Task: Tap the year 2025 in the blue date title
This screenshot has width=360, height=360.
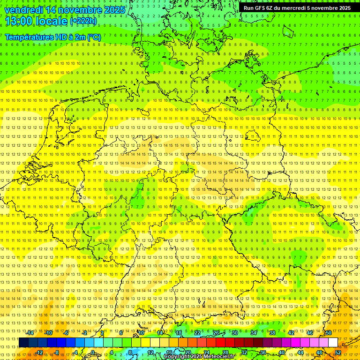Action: pos(114,9)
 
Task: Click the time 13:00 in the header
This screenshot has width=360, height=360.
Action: pos(21,21)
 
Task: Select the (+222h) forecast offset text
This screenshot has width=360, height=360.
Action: pos(83,21)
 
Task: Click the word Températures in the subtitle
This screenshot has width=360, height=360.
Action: pos(30,37)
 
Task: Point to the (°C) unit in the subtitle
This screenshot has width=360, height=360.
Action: pos(93,37)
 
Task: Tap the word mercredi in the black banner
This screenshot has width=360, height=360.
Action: pos(293,7)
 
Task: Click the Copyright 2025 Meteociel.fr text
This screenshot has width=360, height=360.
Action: pos(199,357)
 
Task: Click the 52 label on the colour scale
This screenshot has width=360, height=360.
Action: pos(338,352)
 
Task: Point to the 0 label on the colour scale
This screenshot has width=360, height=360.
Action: pos(92,352)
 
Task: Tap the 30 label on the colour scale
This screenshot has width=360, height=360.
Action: pos(235,333)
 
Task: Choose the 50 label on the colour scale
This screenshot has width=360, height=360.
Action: pos(329,333)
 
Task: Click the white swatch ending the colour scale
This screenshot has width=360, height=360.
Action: pos(333,342)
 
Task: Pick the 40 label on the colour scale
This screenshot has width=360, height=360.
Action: pos(282,352)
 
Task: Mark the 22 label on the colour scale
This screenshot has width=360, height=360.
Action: pos(197,333)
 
